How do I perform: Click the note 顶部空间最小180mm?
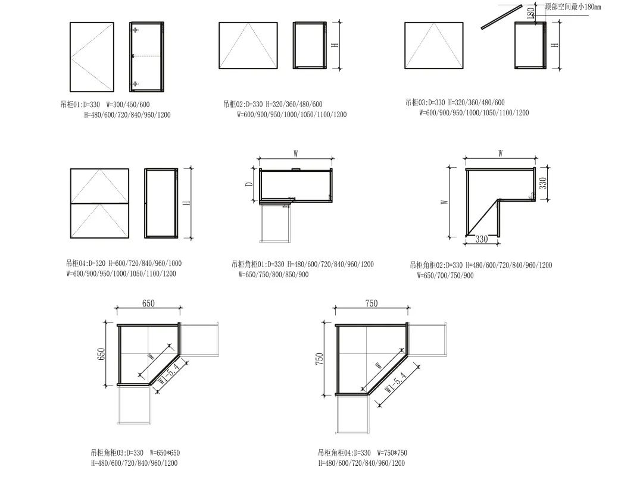[573, 7]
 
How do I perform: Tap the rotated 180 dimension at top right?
[530, 13]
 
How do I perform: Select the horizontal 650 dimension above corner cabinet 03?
[148, 303]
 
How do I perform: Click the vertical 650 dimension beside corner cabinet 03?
[101, 354]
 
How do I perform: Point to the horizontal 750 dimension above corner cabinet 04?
[371, 303]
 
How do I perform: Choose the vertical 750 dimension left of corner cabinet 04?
[320, 359]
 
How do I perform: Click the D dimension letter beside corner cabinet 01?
[249, 184]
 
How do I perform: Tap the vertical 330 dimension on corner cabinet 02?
[542, 183]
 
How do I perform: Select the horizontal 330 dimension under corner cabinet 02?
[482, 239]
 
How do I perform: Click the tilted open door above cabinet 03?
[501, 17]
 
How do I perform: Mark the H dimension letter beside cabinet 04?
[186, 202]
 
